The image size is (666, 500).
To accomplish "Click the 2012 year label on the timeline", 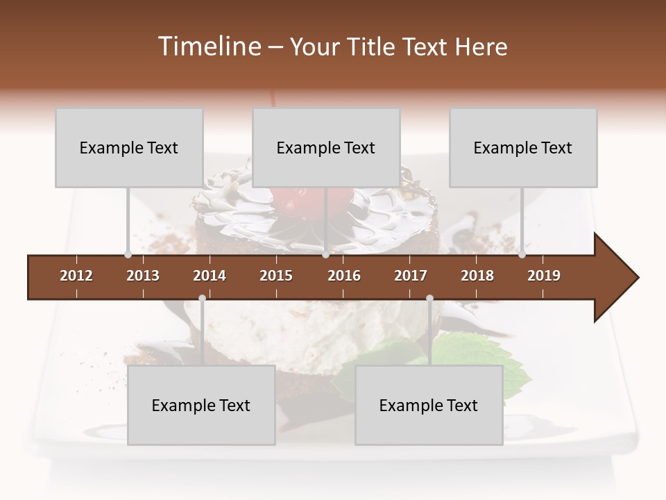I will [76, 276].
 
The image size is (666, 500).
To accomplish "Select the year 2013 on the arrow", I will [143, 276].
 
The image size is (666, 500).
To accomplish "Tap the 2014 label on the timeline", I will [210, 276].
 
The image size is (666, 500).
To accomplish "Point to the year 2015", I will [276, 276].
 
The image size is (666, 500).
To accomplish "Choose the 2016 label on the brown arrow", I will [344, 276].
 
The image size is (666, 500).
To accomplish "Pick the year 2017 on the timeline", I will [411, 276].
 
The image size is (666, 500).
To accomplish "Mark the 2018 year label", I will [477, 276].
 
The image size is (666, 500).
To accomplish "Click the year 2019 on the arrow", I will [544, 276].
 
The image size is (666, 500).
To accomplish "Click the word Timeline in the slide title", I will [208, 47].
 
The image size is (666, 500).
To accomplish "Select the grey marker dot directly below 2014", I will [202, 298].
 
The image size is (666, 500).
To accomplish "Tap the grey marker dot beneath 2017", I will [429, 298].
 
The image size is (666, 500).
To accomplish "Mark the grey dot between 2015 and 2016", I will [325, 255].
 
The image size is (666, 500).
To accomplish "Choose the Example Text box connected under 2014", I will [201, 405].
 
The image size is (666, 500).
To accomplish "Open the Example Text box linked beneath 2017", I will [429, 405].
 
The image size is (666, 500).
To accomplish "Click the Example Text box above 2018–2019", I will [523, 147].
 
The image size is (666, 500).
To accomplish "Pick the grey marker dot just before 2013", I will [128, 255].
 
